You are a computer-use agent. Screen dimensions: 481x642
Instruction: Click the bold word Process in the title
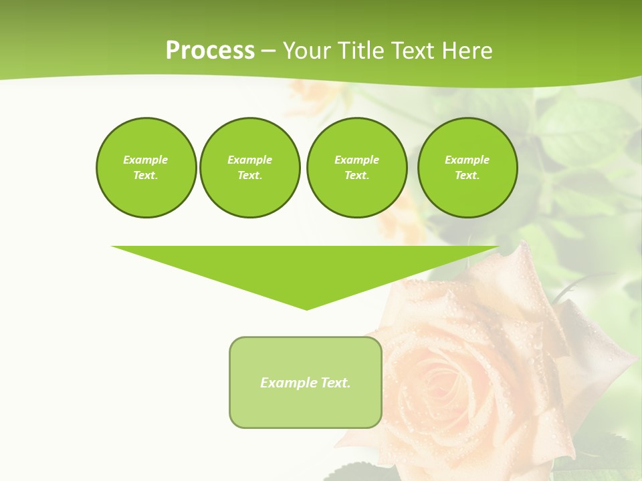coord(210,51)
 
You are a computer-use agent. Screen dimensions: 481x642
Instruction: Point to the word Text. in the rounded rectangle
coord(335,383)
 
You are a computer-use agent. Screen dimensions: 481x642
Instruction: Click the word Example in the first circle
coord(146,160)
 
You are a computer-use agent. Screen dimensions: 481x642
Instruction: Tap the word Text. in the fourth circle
coord(467,175)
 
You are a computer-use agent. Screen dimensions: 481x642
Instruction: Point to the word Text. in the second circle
coord(249,175)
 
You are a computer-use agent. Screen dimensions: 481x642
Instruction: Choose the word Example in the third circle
coord(356,160)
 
